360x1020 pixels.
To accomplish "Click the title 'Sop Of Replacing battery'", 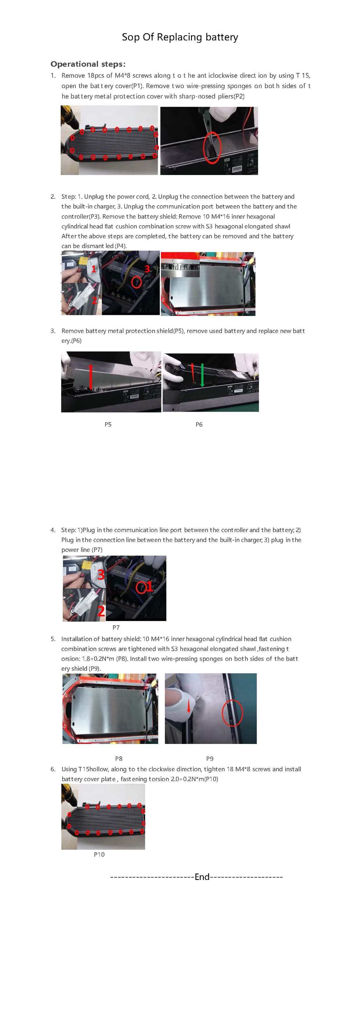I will coord(180,37).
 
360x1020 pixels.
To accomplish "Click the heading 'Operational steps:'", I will coord(88,64).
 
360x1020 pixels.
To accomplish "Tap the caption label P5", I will coord(108,424).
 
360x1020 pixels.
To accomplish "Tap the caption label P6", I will coord(199,424).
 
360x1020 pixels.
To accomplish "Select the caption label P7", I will coord(116,628).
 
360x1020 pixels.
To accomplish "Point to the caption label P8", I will coord(118,759).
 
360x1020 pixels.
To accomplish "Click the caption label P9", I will coord(210,759).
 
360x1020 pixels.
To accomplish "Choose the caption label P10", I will coord(99,855).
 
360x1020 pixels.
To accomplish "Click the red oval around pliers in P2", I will coord(212,147).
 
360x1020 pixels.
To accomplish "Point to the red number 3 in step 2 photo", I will coord(147,268).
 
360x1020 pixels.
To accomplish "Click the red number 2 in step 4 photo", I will coord(101,611).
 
